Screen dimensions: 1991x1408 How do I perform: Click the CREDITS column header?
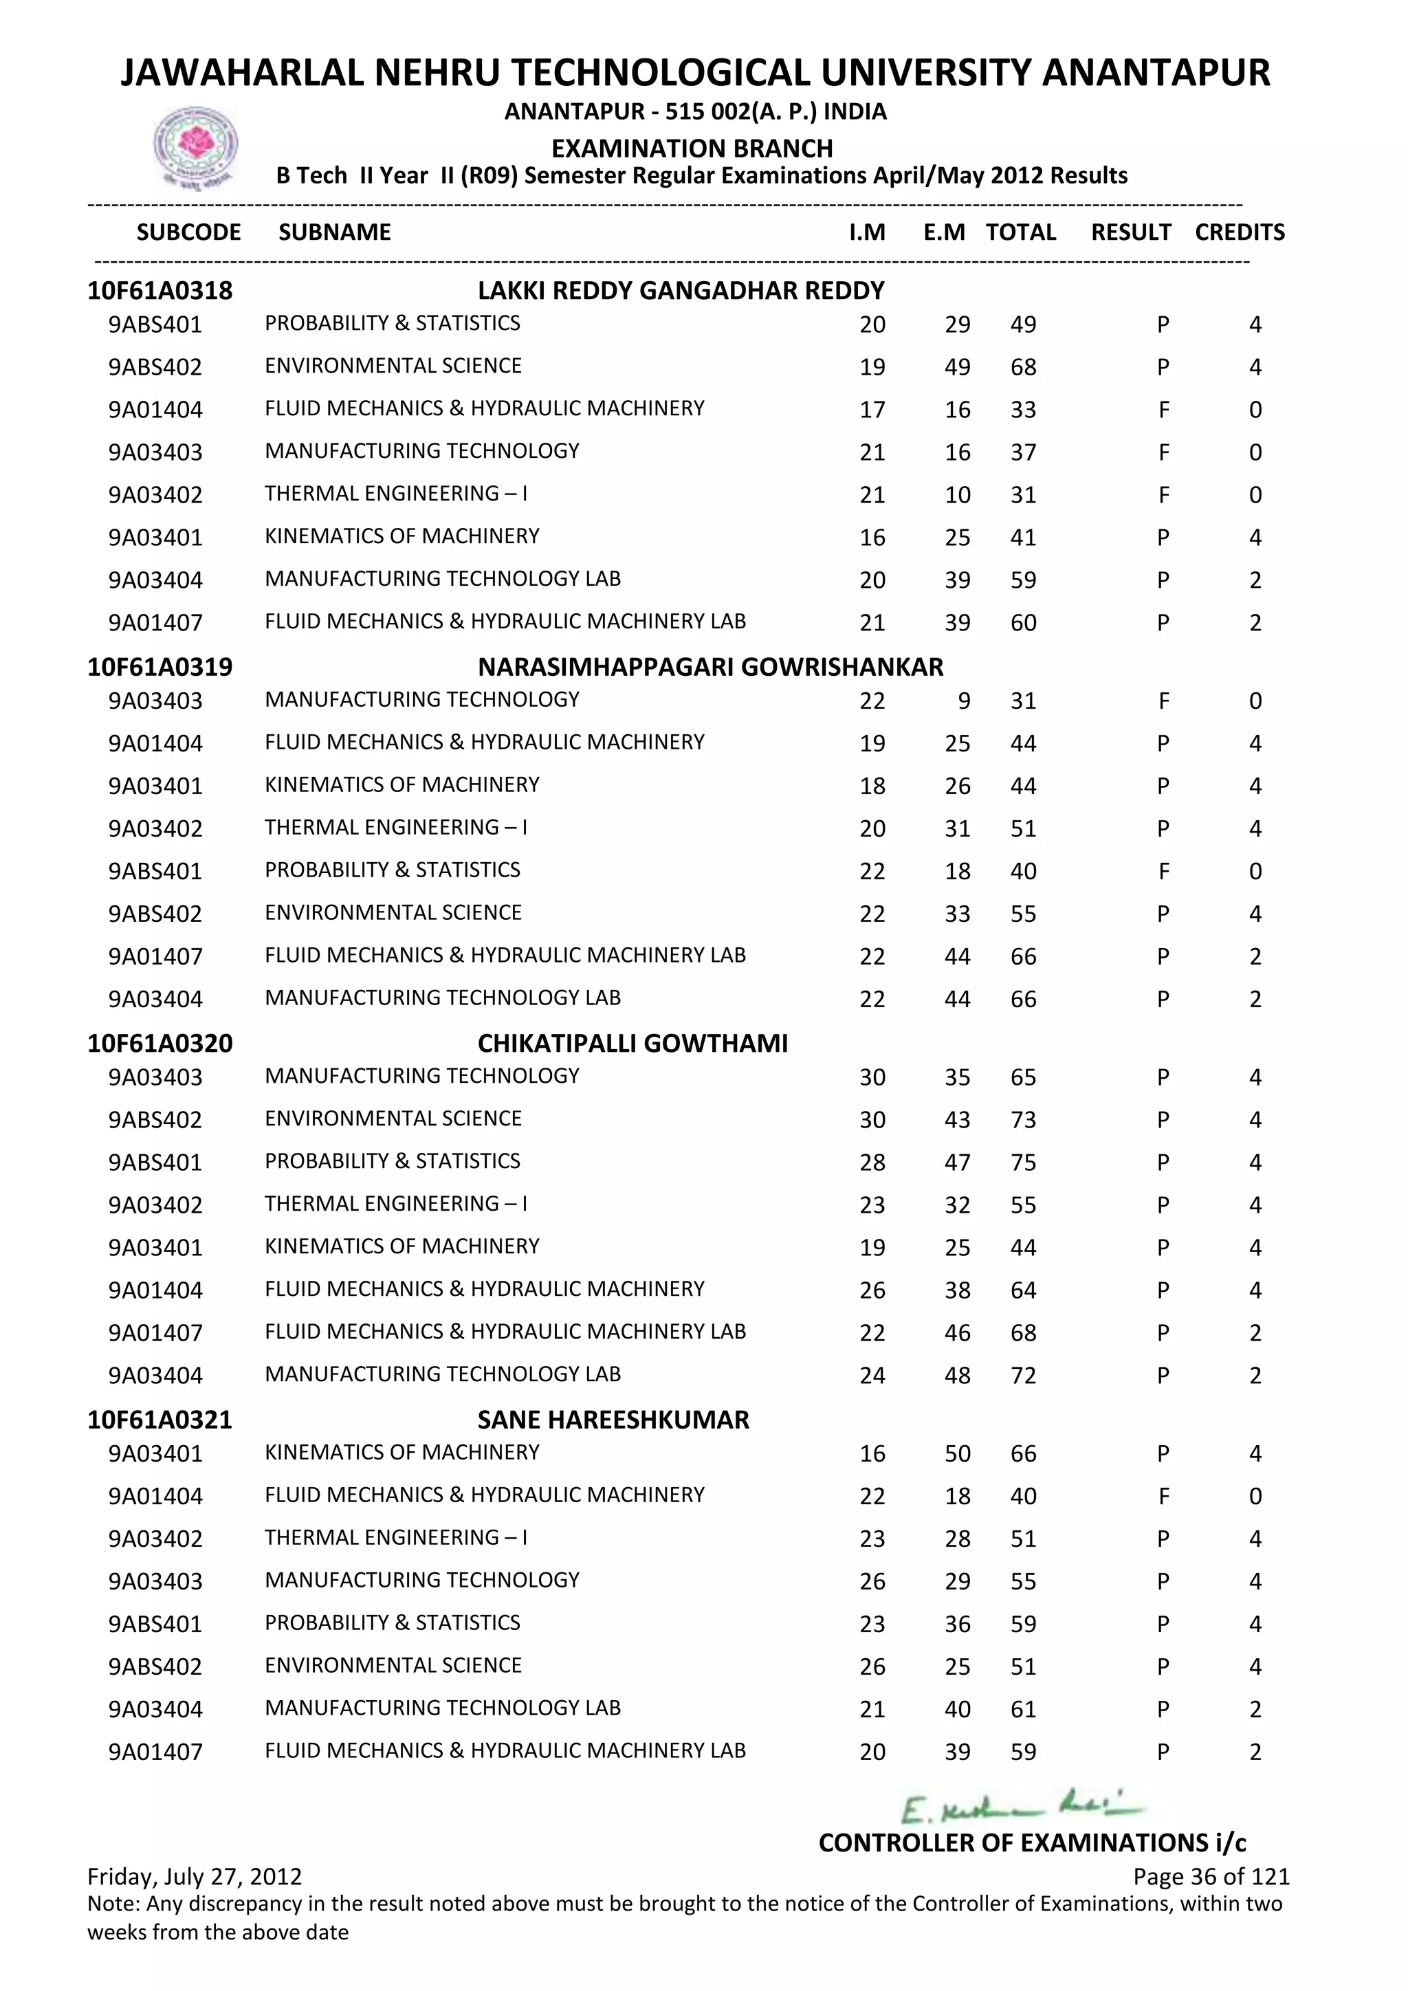(1239, 232)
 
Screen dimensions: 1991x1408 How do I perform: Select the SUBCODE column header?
(188, 232)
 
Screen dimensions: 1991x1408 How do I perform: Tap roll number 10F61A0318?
(159, 291)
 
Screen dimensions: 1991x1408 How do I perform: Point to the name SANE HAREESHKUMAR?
(613, 1420)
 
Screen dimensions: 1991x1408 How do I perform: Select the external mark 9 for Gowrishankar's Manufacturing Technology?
(963, 701)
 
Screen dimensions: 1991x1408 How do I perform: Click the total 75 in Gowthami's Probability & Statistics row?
(1023, 1162)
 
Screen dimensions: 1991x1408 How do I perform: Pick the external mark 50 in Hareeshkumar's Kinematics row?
(957, 1453)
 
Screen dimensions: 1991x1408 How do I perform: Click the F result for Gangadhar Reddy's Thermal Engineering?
(1163, 495)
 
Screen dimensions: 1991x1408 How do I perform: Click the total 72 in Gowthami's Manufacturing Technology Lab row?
(1023, 1375)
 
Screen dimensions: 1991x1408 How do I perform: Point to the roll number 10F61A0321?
(159, 1420)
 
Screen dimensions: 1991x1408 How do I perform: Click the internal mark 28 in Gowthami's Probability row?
(872, 1162)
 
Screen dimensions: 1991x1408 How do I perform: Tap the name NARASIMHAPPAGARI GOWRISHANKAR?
(709, 667)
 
